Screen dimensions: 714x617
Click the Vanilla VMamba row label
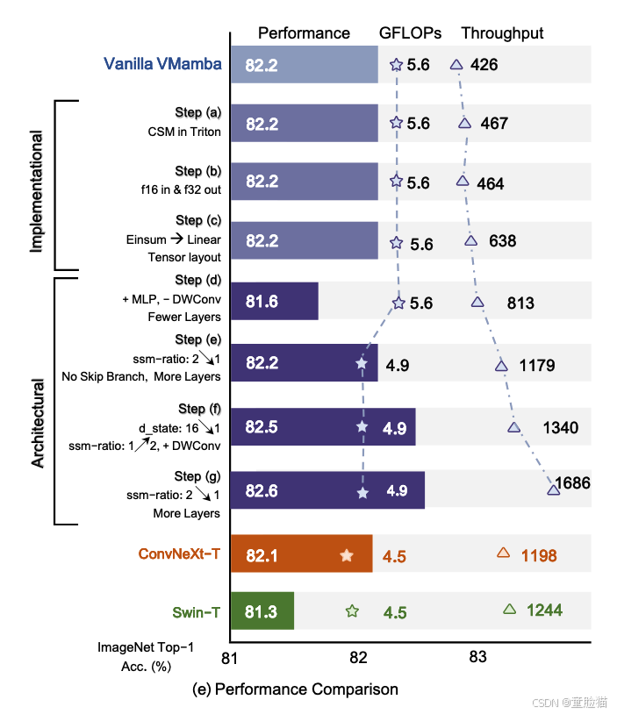pos(162,64)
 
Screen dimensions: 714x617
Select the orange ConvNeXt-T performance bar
pos(301,553)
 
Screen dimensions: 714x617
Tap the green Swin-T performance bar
pos(262,610)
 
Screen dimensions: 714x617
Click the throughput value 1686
pos(572,482)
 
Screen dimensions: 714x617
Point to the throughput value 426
pos(484,64)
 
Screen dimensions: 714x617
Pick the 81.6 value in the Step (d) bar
pos(262,302)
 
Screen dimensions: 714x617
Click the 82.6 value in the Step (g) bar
pos(262,491)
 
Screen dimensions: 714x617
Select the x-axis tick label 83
pos(477,656)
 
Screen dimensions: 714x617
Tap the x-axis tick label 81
pos(231,656)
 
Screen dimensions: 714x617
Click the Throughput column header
pos(502,33)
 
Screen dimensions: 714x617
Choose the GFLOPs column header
pos(410,33)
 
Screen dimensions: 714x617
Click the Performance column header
pos(304,33)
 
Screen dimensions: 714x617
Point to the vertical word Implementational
pos(36,191)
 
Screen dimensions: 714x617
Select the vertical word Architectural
pos(38,422)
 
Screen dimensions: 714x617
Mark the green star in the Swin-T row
pos(352,611)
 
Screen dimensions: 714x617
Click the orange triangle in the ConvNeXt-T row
pos(503,553)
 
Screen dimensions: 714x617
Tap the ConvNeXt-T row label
pos(179,554)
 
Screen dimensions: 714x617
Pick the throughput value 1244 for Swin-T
pos(544,610)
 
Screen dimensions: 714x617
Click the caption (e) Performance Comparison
pos(295,689)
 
